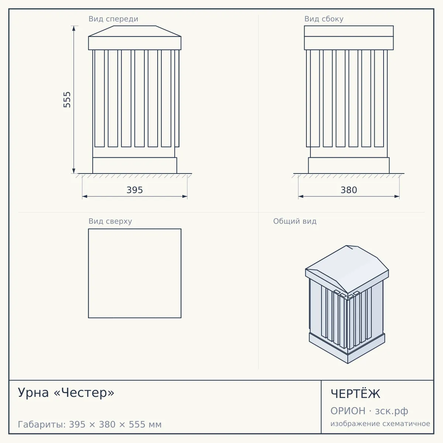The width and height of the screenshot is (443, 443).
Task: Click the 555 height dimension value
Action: click(67, 100)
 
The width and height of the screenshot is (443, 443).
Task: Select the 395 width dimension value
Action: click(135, 190)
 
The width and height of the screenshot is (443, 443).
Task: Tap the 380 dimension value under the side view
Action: click(349, 190)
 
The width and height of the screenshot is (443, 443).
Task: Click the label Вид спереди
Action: click(113, 19)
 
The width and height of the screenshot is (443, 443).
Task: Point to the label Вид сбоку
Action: click(324, 19)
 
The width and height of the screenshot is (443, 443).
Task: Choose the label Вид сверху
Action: click(110, 221)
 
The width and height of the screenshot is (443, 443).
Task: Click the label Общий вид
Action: click(295, 221)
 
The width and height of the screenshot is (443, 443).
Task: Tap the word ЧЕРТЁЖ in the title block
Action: click(356, 394)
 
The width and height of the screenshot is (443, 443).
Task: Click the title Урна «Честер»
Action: click(66, 393)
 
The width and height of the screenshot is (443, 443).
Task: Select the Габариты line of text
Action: click(90, 425)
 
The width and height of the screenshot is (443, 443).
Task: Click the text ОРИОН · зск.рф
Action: click(369, 411)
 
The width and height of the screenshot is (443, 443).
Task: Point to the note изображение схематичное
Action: click(380, 423)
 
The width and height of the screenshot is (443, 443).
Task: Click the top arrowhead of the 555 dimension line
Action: click(74, 28)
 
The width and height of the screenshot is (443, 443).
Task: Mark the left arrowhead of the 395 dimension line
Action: click(85, 196)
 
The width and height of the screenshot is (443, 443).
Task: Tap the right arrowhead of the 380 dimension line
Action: click(397, 196)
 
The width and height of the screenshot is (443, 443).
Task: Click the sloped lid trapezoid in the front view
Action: click(135, 31)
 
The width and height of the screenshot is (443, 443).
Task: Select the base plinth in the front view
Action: click(135, 165)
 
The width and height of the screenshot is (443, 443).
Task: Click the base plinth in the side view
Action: click(349, 165)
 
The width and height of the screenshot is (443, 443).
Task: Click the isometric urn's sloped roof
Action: click(347, 269)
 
